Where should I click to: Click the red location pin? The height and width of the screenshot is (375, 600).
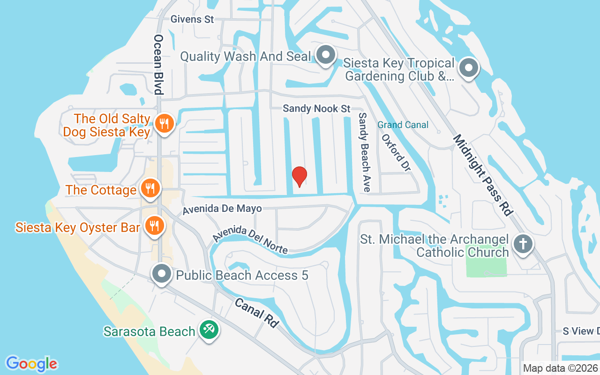[299, 177]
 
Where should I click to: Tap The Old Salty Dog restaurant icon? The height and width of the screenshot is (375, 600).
[164, 124]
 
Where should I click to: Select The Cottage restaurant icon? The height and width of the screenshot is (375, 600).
[150, 188]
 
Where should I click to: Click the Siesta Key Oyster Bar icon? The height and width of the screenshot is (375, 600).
[153, 226]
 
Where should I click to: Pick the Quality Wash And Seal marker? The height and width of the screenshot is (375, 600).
[324, 56]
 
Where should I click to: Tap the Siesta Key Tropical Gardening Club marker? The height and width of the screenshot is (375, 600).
[468, 68]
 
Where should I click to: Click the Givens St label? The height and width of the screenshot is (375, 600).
[192, 19]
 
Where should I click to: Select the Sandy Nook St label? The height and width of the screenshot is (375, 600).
[316, 109]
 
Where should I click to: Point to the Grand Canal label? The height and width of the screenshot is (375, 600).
[403, 125]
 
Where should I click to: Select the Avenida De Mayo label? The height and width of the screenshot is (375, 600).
[222, 209]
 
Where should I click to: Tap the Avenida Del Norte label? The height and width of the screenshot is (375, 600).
[250, 240]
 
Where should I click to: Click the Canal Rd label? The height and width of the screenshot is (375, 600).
[256, 313]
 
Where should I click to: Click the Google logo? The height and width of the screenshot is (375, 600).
[32, 363]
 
